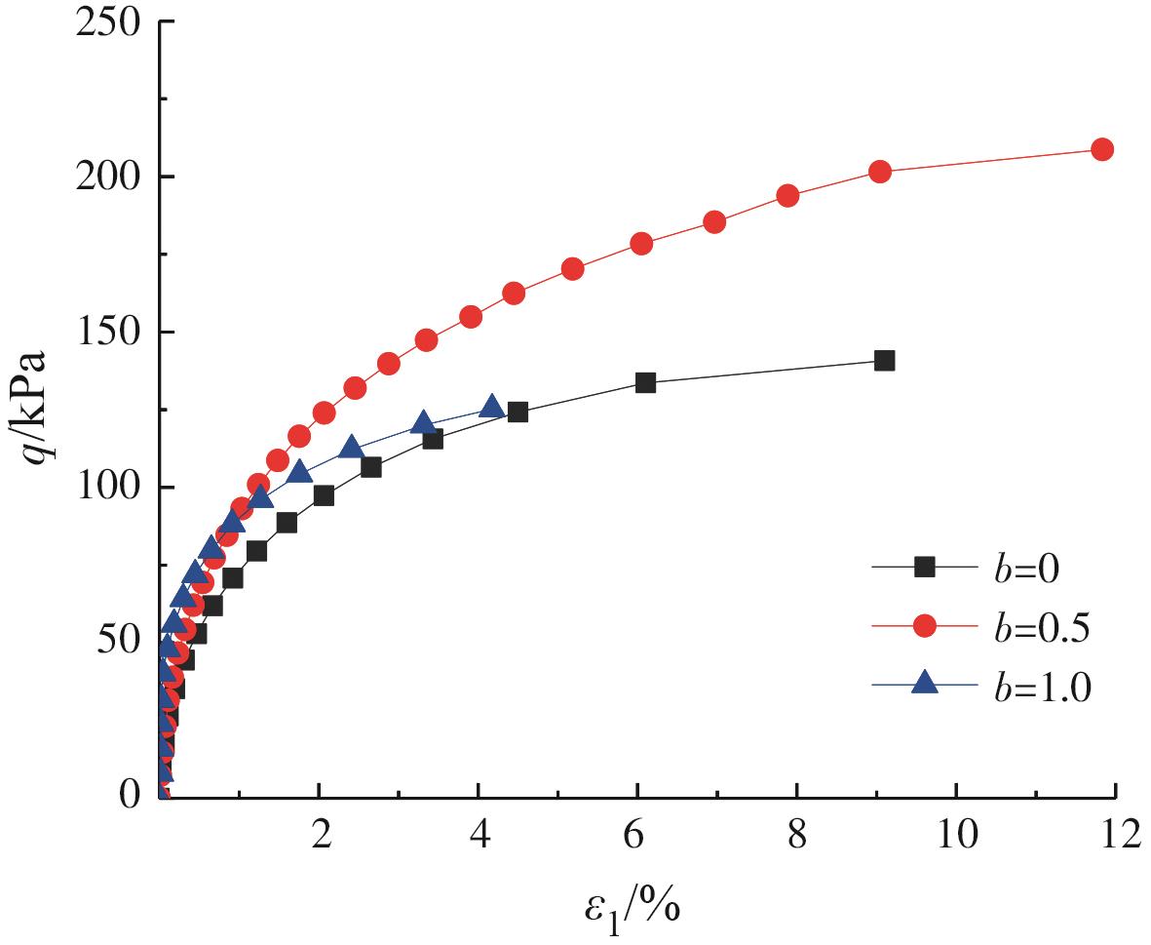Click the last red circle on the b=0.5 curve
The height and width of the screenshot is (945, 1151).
click(x=1102, y=149)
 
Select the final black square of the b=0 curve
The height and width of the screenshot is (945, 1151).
click(x=884, y=361)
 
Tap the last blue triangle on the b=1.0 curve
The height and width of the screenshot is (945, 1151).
click(x=492, y=407)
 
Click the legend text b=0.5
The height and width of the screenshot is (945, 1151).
click(x=1035, y=628)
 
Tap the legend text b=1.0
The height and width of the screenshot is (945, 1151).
click(x=1035, y=689)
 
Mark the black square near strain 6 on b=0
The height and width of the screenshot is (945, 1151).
click(x=645, y=382)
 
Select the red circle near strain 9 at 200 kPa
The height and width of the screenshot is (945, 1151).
click(x=879, y=171)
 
